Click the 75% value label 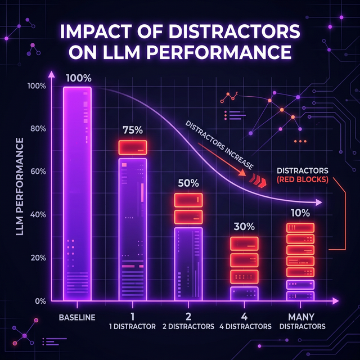point(132,130)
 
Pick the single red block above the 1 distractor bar point(132,147)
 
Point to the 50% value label point(188,183)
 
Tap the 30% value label point(244,227)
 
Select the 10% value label point(299,213)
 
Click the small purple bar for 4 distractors point(244,294)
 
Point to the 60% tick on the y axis point(38,172)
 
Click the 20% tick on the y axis point(38,258)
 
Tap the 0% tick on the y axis point(40,301)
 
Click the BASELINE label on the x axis point(77,316)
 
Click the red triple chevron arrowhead point(258,180)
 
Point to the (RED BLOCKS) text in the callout point(303,179)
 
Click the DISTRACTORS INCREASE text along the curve point(220,145)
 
